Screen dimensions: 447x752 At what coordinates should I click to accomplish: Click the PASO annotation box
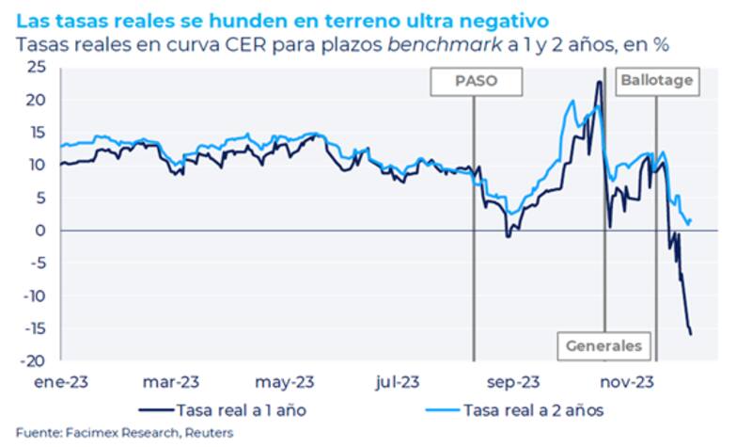coord(475,81)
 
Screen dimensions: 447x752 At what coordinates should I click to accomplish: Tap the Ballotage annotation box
coord(656,81)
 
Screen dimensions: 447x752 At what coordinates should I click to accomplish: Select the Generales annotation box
coord(603,345)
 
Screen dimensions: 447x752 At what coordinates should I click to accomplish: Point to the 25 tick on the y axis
coord(38,67)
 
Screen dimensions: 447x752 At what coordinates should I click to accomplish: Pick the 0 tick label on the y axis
coord(42,231)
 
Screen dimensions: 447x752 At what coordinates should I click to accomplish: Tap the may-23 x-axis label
coord(283,382)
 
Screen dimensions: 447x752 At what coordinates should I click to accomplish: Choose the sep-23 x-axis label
coord(513,382)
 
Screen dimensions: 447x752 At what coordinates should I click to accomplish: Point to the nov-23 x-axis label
coord(627,382)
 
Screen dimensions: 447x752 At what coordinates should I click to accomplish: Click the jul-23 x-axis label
coord(397,382)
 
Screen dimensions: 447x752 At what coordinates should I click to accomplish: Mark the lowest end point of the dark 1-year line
coord(691,334)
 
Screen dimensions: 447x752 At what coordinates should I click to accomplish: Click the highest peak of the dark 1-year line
coord(598,82)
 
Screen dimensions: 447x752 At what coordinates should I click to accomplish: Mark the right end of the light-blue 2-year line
coord(692,221)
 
